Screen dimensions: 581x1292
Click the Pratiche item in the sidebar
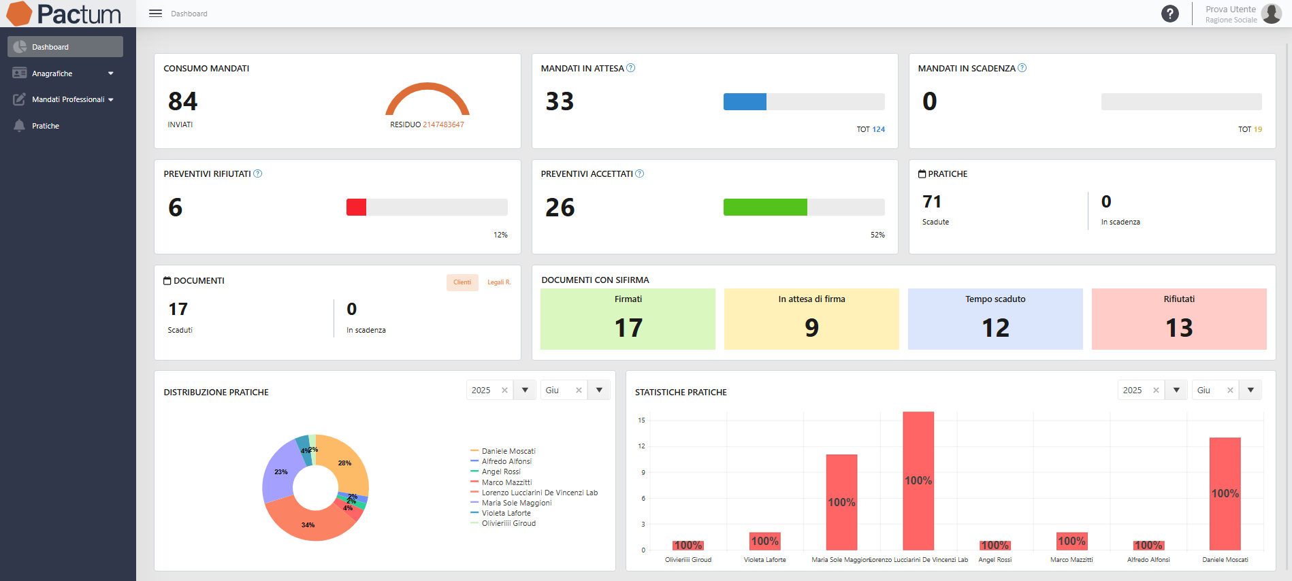45,126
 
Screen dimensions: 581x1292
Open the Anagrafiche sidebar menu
52,73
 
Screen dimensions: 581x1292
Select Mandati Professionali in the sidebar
68,99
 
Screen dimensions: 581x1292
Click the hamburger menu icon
155,14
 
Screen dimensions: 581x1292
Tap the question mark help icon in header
1169,14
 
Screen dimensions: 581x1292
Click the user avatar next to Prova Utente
1271,14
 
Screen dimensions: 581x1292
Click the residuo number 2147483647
443,124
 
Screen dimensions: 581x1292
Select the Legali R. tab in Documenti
498,282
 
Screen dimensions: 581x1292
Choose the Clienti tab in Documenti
462,282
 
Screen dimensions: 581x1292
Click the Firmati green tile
628,319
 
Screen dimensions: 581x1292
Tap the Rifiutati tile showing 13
1178,319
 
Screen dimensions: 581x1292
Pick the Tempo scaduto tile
995,319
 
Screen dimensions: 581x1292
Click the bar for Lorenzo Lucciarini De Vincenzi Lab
918,480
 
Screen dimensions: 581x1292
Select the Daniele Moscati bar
1225,493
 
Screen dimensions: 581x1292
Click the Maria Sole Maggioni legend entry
516,503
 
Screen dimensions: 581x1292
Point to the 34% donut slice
308,525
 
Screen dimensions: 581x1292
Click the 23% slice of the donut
279,473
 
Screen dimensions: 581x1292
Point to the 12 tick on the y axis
641,446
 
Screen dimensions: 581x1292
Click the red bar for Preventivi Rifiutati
356,207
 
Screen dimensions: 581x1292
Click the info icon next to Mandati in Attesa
630,68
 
